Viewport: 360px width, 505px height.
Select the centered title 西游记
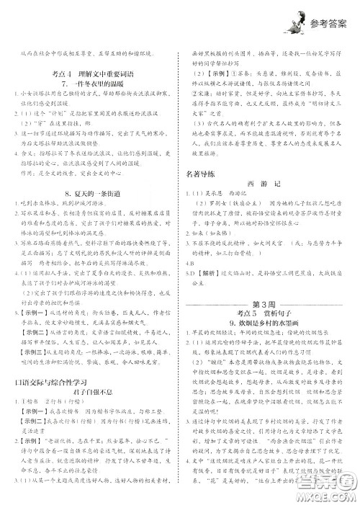pyautogui.click(x=268, y=184)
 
